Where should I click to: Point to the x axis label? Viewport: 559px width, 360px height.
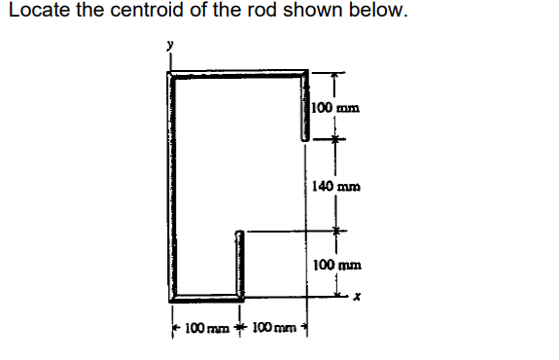357,299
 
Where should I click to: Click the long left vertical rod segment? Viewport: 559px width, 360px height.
171,185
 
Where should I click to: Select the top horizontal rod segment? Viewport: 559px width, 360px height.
238,72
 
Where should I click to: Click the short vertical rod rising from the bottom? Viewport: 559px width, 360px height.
237,264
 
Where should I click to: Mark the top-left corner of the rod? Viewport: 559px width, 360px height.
171,72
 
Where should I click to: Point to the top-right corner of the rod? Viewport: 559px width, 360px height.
306,72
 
